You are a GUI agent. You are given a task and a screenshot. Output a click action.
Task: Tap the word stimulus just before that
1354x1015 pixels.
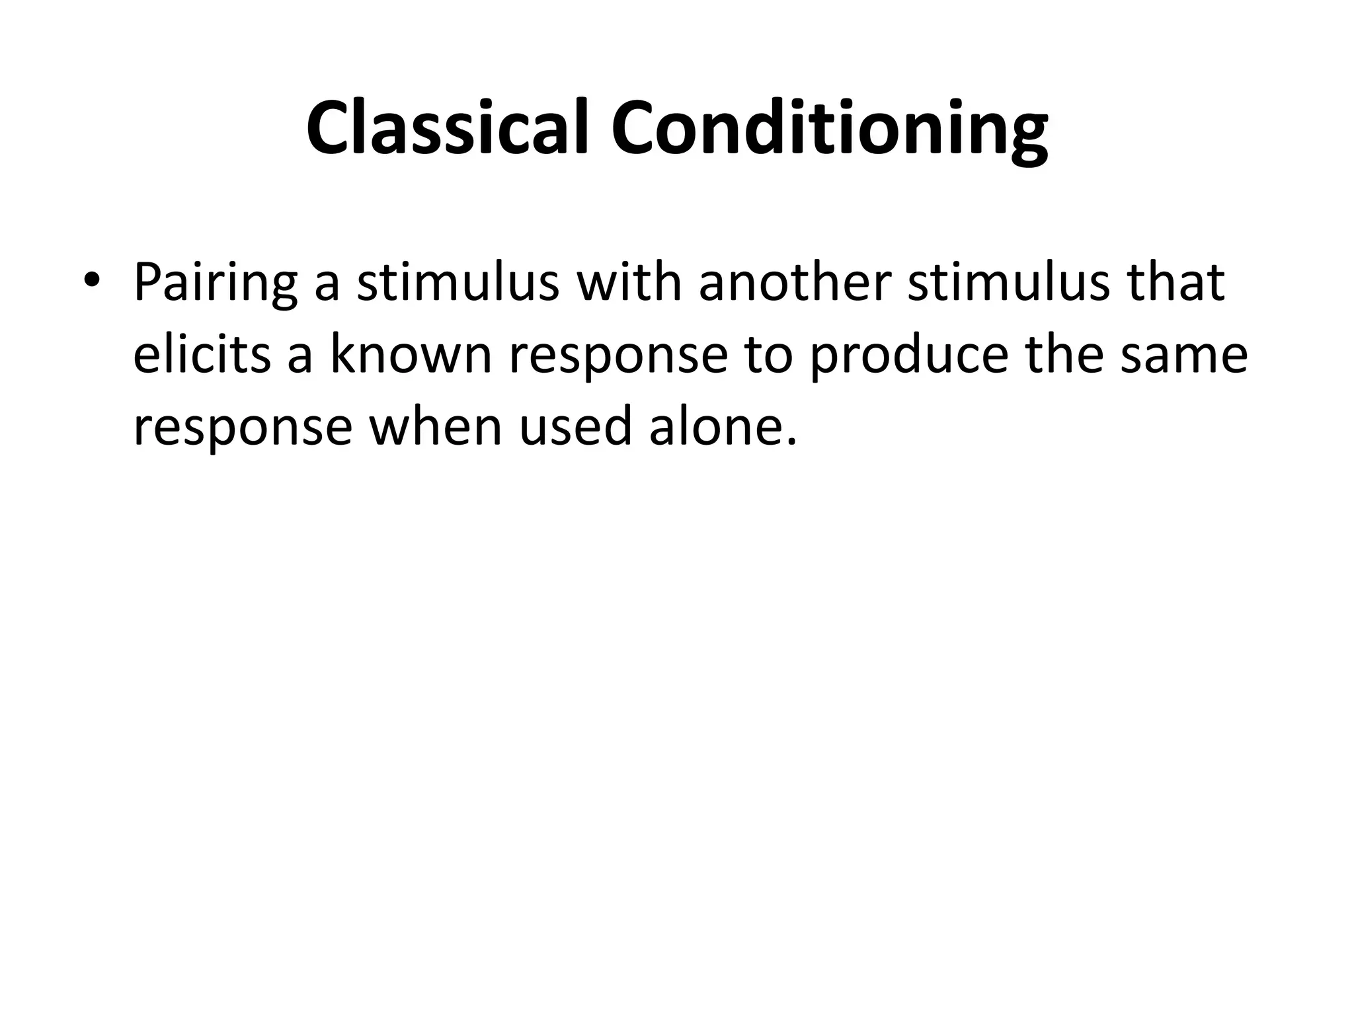[1008, 283]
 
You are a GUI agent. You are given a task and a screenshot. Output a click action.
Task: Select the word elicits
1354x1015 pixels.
[202, 355]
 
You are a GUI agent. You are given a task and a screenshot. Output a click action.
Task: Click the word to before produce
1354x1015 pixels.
[768, 356]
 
